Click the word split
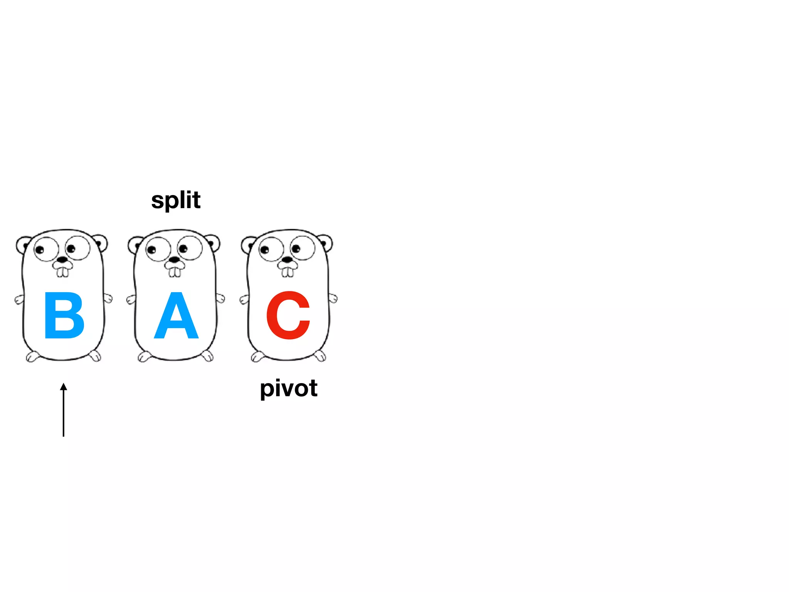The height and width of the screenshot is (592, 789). [x=176, y=201]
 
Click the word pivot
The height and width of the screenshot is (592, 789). [x=289, y=388]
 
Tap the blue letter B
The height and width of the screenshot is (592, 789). [x=64, y=315]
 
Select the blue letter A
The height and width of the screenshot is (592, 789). [x=176, y=316]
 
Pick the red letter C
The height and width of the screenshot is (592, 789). [x=288, y=315]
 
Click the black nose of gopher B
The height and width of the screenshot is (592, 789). [x=62, y=260]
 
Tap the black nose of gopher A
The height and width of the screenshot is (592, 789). [x=175, y=260]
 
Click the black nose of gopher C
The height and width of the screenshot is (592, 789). [x=287, y=260]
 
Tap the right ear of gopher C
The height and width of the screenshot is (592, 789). [x=326, y=243]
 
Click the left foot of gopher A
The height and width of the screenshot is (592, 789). [x=144, y=357]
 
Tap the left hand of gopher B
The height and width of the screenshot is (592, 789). [x=19, y=299]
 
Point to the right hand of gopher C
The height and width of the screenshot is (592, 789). [x=333, y=298]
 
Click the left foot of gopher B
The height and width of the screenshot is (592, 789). [x=32, y=357]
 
